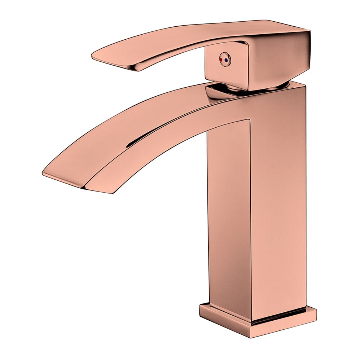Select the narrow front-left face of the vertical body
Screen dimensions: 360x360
[x=229, y=216]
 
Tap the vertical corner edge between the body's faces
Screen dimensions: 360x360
[x=251, y=216]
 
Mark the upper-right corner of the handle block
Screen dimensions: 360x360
[x=309, y=32]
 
